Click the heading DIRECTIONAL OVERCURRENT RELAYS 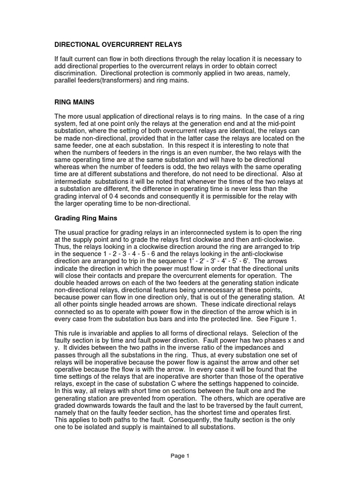tap(118, 45)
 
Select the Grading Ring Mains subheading tap(87, 219)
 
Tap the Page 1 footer tap(180, 456)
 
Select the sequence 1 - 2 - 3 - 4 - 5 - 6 tap(125, 254)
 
